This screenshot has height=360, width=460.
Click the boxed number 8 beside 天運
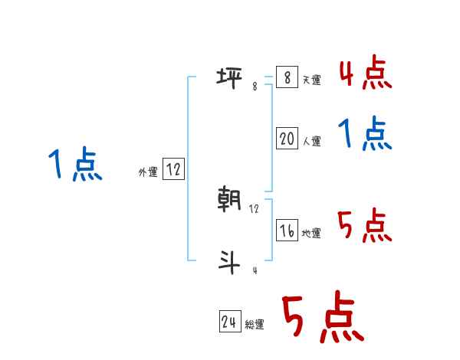pos(287,77)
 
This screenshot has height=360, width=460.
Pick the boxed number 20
pos(287,138)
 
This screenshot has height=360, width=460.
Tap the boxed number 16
pos(287,230)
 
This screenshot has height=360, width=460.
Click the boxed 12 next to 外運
pos(173,169)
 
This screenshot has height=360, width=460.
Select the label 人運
pos(311,141)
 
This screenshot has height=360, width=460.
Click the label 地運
pos(311,234)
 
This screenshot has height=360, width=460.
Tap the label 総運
pos(255,325)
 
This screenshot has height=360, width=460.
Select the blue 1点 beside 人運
pos(365,136)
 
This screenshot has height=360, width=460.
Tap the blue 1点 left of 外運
pos(74,165)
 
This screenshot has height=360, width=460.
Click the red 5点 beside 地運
pos(365,227)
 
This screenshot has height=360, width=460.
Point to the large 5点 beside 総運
pos(322,318)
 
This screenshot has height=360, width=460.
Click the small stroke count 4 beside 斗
pos(255,270)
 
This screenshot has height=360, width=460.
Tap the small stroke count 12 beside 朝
pos(255,208)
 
